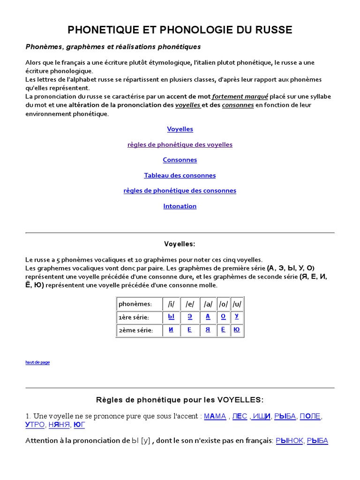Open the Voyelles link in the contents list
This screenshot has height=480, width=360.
pyautogui.click(x=180, y=129)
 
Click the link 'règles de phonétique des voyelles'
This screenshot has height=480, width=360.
pyautogui.click(x=180, y=144)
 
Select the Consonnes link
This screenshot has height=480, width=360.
pyautogui.click(x=180, y=160)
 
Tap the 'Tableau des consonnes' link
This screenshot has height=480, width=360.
pyautogui.click(x=180, y=175)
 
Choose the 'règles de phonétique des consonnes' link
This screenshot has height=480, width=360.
pyautogui.click(x=180, y=191)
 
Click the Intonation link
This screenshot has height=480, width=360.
pyautogui.click(x=180, y=206)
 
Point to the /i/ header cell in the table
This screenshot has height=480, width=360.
pyautogui.click(x=171, y=304)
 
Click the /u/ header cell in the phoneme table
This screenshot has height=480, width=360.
pyautogui.click(x=237, y=304)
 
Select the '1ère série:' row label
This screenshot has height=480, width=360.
pyautogui.click(x=134, y=317)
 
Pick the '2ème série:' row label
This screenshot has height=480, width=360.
pyautogui.click(x=136, y=330)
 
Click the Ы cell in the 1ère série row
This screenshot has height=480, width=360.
pyautogui.click(x=171, y=316)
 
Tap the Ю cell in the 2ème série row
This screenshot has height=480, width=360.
pyautogui.click(x=237, y=330)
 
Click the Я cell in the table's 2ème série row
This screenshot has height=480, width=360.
pyautogui.click(x=208, y=330)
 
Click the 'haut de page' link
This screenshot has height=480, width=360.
pyautogui.click(x=37, y=362)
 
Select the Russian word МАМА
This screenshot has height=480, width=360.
pyautogui.click(x=215, y=416)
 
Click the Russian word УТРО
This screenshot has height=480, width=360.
pyautogui.click(x=35, y=425)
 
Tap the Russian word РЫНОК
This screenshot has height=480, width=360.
pyautogui.click(x=290, y=441)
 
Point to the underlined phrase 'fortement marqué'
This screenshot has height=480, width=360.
pyautogui.click(x=240, y=96)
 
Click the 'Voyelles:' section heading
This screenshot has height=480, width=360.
pyautogui.click(x=180, y=244)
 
